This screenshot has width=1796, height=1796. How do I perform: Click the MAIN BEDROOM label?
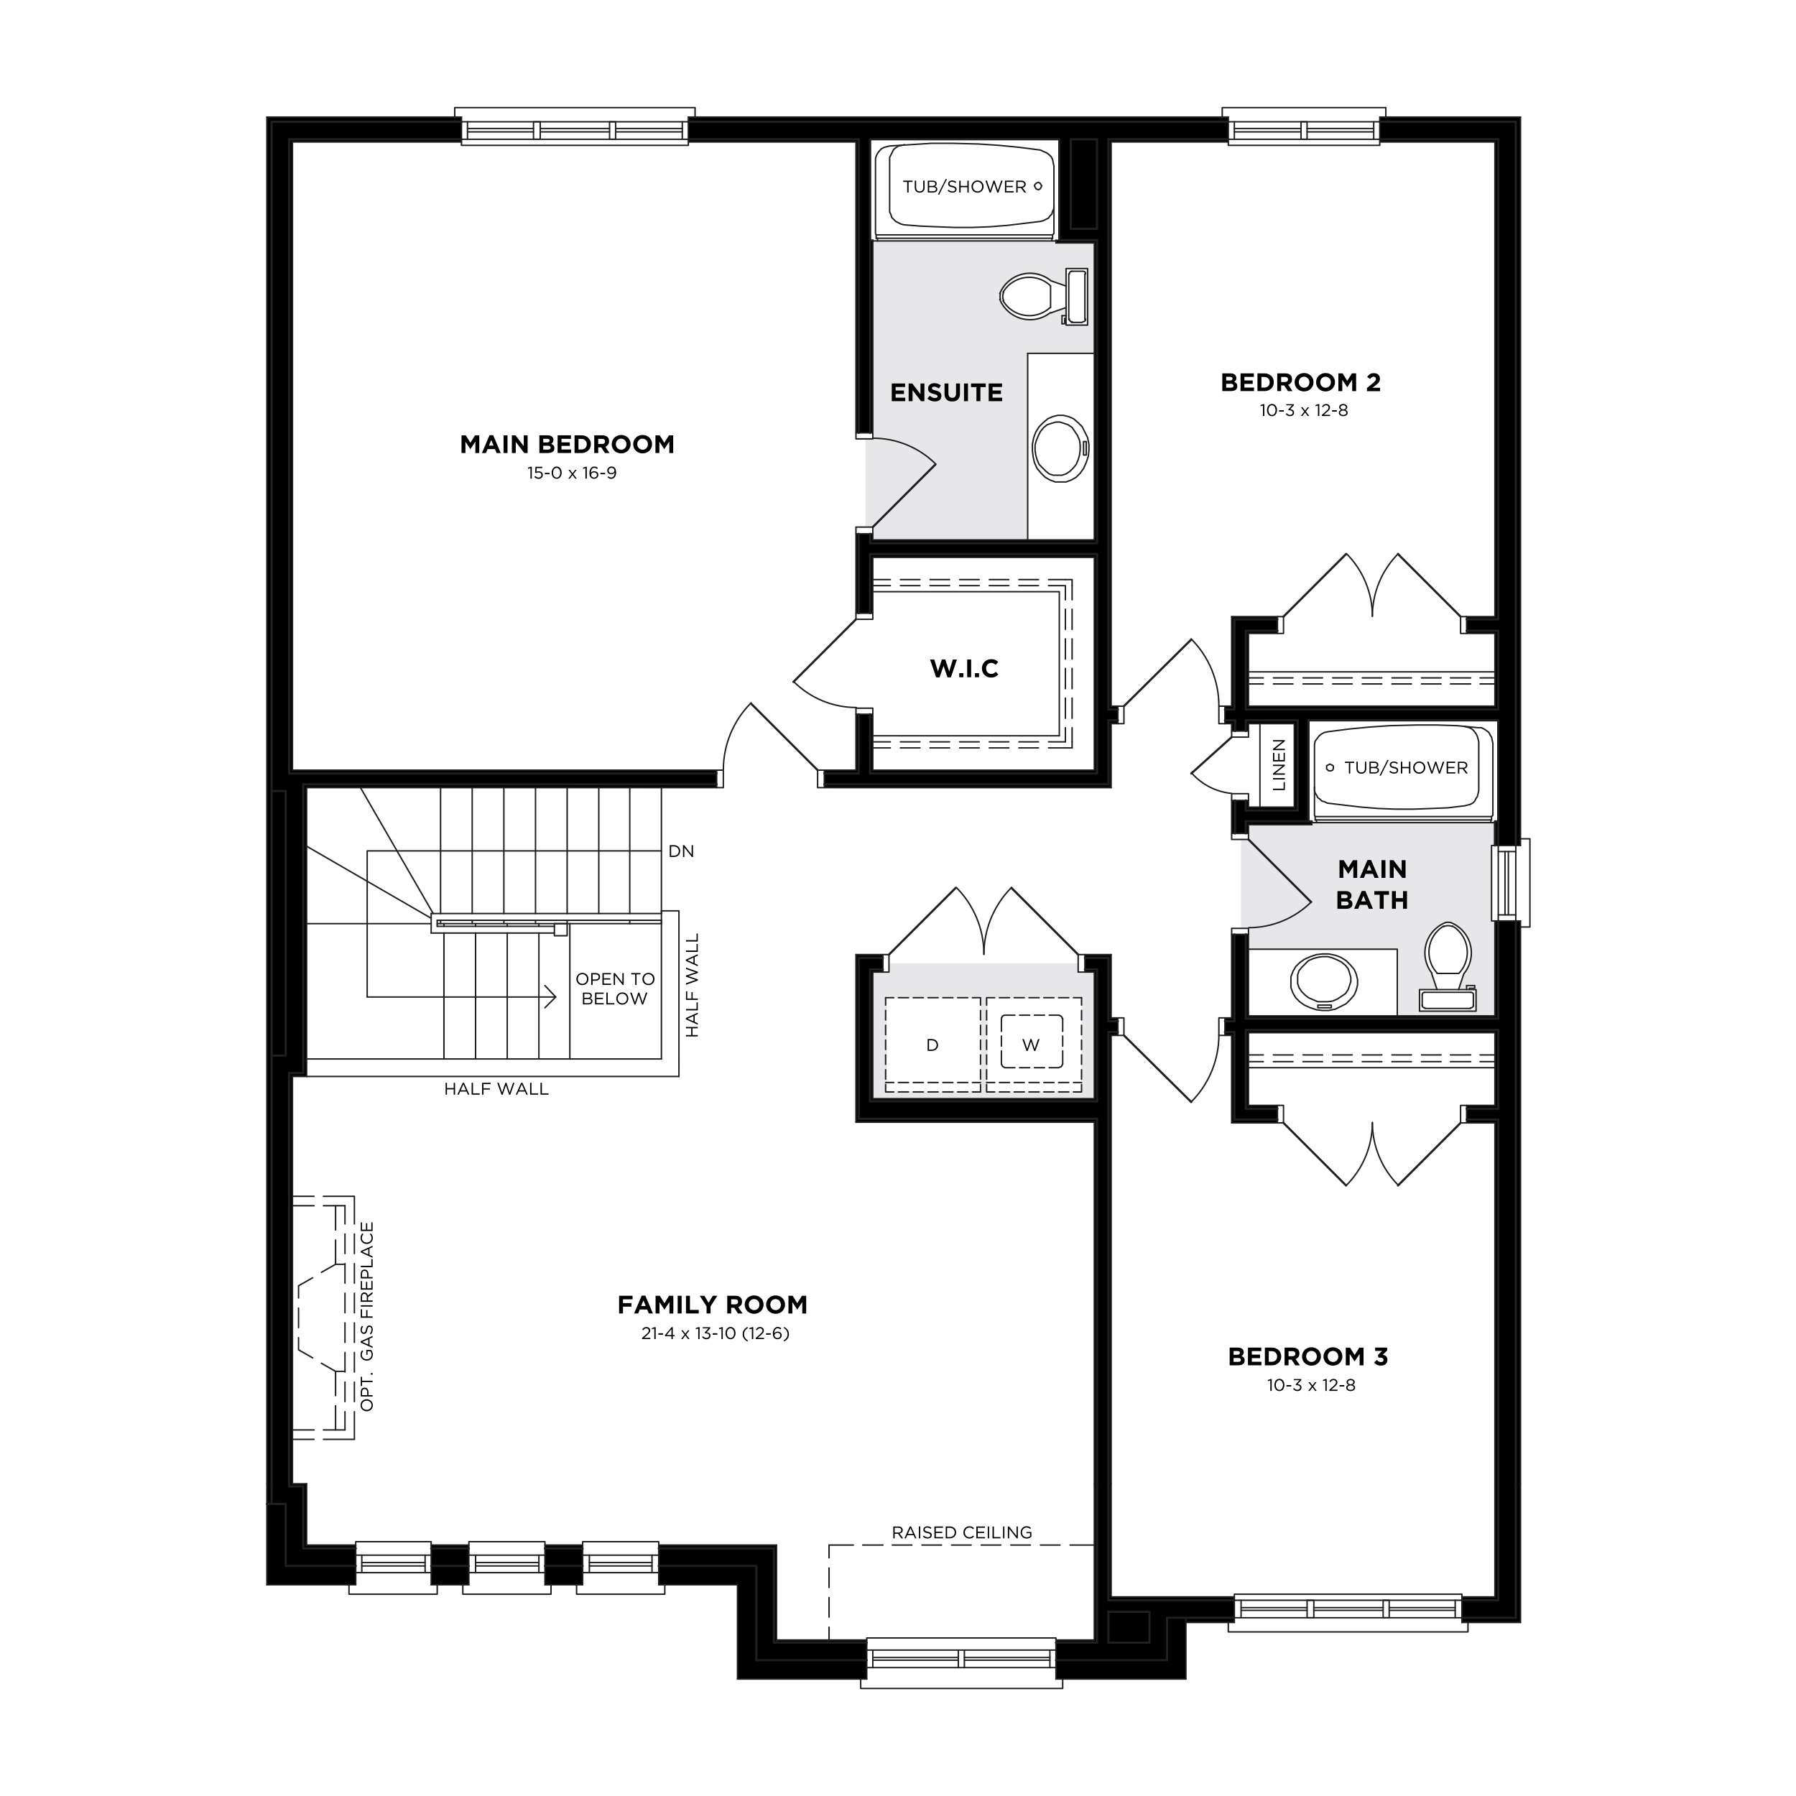(567, 445)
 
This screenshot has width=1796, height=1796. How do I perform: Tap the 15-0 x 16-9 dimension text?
(572, 473)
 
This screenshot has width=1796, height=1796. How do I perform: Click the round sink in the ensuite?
(1060, 449)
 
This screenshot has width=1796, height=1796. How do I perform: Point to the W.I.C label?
(964, 668)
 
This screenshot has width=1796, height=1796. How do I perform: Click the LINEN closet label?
(1279, 764)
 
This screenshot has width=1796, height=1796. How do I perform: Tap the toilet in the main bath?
(1448, 966)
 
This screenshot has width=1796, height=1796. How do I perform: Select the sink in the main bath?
(1324, 981)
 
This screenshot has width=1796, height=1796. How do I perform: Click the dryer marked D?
(932, 1045)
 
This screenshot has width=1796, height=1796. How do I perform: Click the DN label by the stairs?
(681, 851)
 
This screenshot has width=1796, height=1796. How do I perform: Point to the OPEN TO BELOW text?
(614, 989)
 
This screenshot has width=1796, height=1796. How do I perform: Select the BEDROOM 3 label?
(1308, 1357)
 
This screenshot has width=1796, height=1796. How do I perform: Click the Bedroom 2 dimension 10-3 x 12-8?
(1304, 410)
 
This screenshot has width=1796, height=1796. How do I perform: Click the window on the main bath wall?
(1511, 882)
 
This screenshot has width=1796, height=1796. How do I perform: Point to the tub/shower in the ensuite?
(965, 189)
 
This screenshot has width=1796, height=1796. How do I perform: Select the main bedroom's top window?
(575, 127)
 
